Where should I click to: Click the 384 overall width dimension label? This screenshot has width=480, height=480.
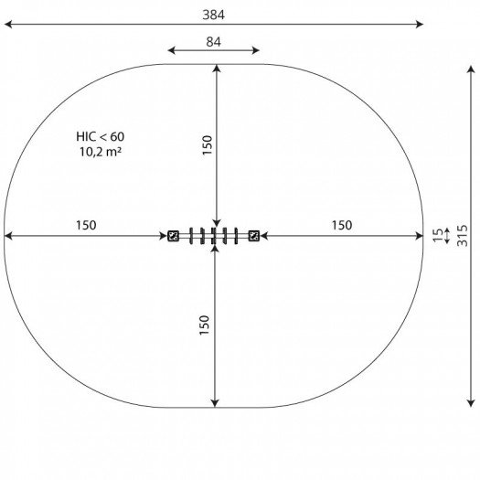pos(213,15)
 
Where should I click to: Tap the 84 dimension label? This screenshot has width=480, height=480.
pos(213,42)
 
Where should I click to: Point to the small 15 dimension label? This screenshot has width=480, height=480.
pos(438,235)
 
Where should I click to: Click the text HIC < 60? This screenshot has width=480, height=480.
pos(100,136)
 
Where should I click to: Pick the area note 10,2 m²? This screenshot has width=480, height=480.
pos(101,152)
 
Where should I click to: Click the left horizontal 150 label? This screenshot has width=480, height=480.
pos(86,225)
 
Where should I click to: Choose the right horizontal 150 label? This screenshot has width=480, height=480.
pos(342,225)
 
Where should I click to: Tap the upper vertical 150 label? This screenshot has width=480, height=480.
pos(208,145)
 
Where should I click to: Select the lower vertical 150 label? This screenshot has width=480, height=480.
pos(204,325)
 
